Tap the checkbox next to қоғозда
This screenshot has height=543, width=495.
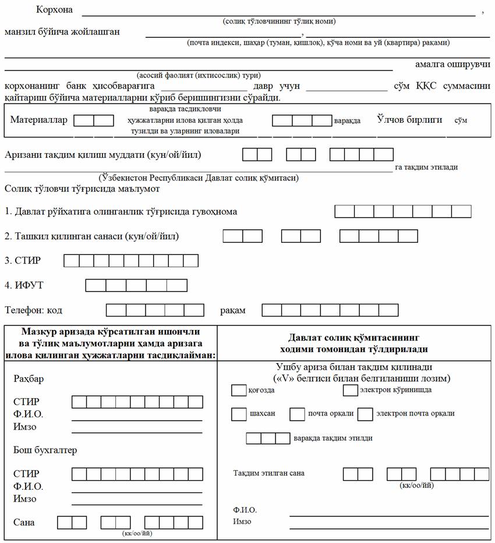239,391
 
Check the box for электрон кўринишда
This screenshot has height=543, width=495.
350,391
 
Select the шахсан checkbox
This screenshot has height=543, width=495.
239,414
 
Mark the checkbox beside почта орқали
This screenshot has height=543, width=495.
298,414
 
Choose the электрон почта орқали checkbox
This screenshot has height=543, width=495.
365,414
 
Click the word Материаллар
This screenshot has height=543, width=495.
39,120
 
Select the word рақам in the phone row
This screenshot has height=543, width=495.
232,310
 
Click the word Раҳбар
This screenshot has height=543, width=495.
29,379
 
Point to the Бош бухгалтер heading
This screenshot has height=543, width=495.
45,450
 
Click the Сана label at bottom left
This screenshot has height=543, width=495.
24,522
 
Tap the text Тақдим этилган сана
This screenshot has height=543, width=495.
268,473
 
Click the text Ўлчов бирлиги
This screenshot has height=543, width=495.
409,119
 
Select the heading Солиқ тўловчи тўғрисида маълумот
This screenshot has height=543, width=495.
82,189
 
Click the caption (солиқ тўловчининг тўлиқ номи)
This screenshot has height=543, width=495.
279,22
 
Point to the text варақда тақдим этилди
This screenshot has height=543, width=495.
333,438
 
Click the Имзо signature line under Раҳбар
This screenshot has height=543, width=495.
137,432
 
